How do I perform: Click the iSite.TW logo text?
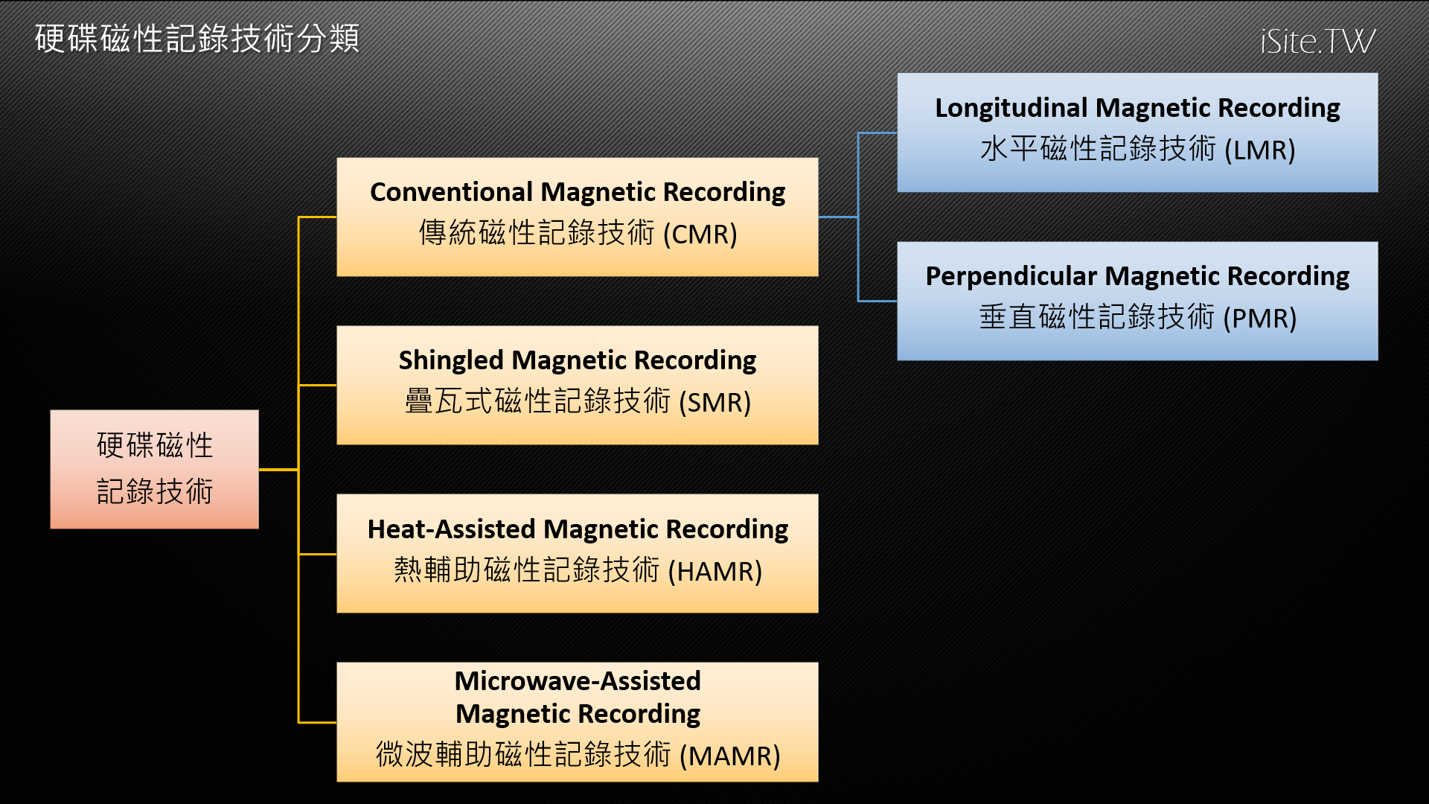1317,41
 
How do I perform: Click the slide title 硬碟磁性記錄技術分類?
197,39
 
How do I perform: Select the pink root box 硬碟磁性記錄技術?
155,469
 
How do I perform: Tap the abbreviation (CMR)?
700,234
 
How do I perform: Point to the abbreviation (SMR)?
714,403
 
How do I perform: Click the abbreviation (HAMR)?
714,572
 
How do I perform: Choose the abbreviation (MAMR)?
729,756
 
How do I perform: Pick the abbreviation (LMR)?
1260,150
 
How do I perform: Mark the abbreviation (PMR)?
1260,318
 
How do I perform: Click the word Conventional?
452,192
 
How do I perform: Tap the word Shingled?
451,361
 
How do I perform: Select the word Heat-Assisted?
452,529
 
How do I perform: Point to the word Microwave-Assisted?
578,680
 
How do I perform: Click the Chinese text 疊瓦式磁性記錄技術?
537,401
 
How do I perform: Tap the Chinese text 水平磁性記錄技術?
1098,149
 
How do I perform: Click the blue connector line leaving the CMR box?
838,217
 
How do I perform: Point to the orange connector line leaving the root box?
278,470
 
